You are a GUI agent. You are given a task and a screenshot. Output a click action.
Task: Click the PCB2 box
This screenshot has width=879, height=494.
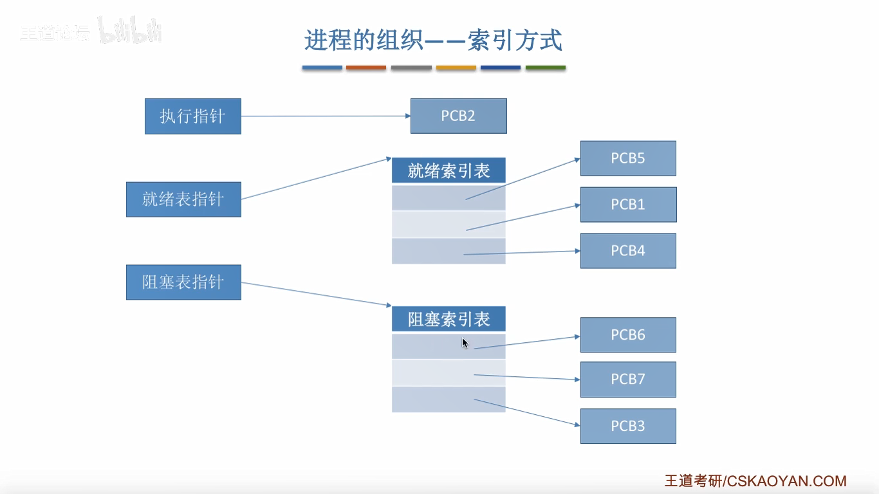(458, 116)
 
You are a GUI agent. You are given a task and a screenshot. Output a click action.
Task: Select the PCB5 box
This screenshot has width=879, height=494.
(628, 158)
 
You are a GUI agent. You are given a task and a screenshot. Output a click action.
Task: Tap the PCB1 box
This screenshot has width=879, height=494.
(628, 205)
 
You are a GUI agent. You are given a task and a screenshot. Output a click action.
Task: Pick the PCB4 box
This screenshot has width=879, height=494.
(628, 251)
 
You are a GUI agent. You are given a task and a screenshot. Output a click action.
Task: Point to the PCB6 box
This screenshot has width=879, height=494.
(628, 334)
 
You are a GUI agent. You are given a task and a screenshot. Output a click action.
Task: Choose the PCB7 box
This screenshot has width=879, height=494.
(628, 380)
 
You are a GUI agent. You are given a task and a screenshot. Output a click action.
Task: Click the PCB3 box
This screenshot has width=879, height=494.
(628, 426)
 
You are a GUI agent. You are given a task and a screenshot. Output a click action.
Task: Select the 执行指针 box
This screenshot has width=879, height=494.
(192, 116)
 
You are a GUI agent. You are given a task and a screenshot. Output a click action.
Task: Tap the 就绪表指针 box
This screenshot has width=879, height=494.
(183, 199)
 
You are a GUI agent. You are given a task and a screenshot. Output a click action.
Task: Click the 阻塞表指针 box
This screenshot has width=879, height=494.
(183, 282)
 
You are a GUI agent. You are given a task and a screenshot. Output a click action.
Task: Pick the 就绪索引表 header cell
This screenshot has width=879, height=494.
(449, 170)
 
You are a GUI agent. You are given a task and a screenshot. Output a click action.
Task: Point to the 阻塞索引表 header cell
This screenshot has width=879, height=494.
(449, 319)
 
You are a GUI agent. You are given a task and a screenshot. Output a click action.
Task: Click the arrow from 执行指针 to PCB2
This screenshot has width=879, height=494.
(325, 116)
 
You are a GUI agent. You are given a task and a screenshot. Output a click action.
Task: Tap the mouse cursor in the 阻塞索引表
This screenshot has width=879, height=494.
(465, 343)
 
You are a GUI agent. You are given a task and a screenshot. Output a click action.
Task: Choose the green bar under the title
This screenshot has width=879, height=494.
(546, 68)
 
